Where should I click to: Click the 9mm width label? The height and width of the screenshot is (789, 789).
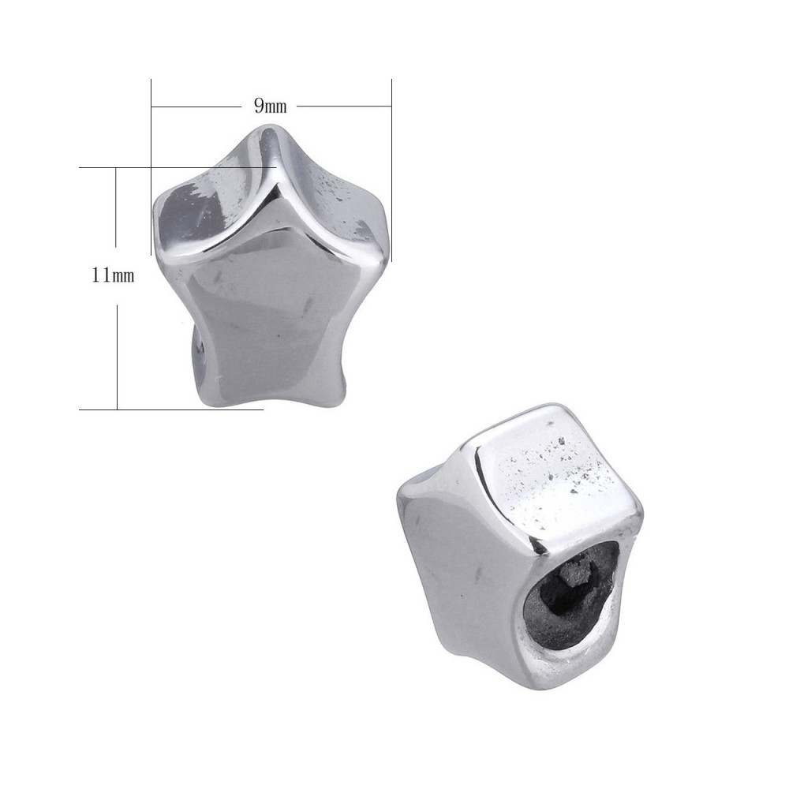(x=270, y=107)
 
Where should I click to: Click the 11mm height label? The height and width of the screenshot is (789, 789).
(x=113, y=275)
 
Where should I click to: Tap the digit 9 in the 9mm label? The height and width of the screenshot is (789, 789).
(x=259, y=106)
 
